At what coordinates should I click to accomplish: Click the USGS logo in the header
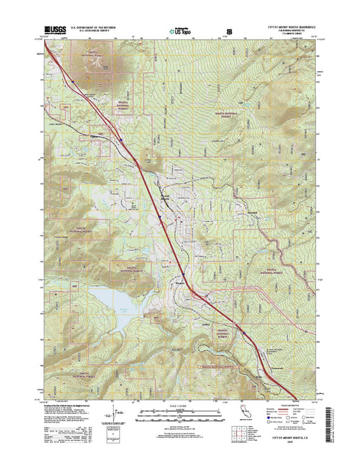(57, 31)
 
